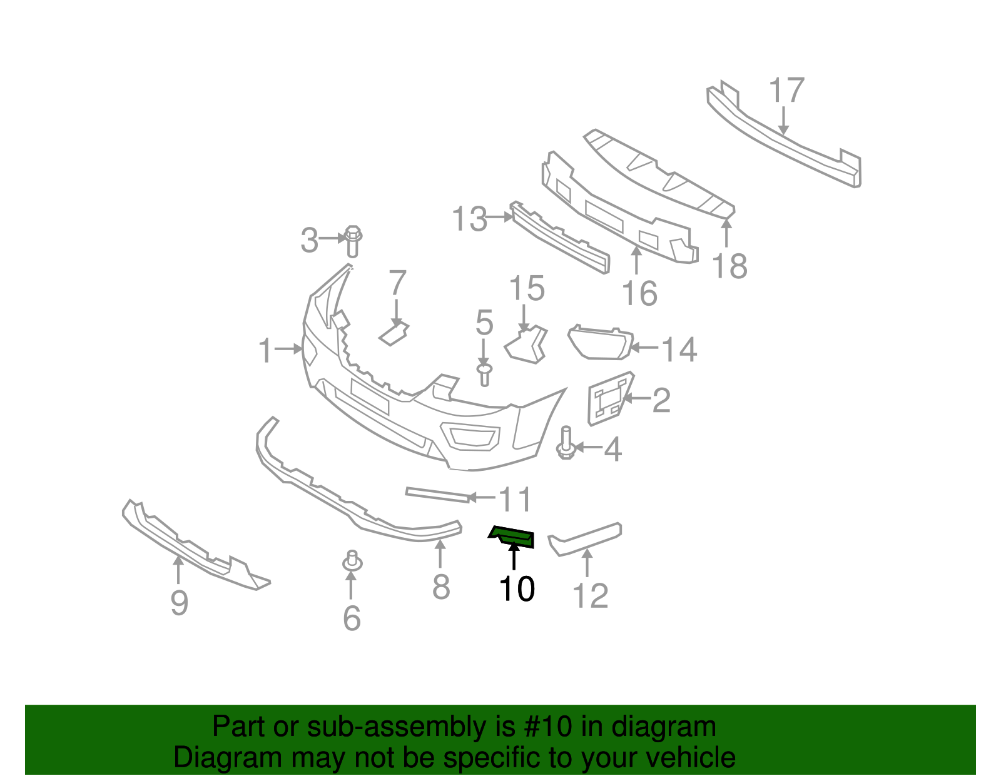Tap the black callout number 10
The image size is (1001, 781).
click(x=517, y=589)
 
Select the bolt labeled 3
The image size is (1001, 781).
click(x=353, y=241)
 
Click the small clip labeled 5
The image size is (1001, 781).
click(x=484, y=374)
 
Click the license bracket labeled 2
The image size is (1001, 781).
click(x=608, y=398)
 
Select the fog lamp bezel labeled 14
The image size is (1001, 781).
click(x=599, y=343)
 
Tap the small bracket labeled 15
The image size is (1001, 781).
click(x=528, y=345)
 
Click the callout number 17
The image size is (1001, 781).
click(x=786, y=91)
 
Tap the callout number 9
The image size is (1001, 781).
click(x=179, y=603)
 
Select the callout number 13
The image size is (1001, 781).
click(x=470, y=219)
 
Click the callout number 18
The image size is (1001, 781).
click(x=729, y=267)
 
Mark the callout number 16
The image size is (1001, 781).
click(x=639, y=293)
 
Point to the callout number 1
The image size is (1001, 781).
click(x=266, y=351)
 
